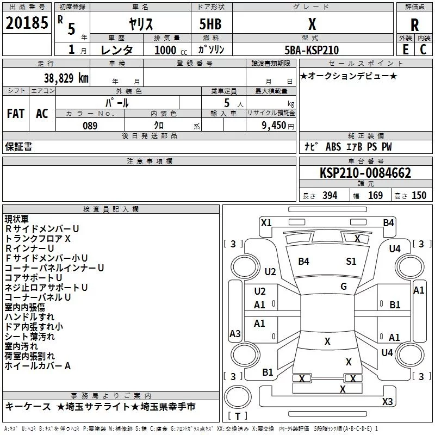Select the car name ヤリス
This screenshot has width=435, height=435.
[140, 24]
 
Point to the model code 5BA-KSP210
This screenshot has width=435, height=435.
[312, 50]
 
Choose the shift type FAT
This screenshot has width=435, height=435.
[15, 114]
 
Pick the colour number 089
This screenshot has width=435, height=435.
[90, 126]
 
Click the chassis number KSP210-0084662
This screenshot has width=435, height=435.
[365, 173]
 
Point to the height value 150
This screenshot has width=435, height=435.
[419, 196]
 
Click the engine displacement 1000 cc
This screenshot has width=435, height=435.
[165, 50]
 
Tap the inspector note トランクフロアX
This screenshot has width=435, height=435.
[38, 239]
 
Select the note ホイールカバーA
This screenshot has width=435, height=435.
[38, 366]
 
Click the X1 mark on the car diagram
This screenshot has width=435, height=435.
[266, 222]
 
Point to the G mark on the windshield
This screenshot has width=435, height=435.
[344, 287]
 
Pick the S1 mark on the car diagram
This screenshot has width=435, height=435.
[351, 262]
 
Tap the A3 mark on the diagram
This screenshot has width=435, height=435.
[235, 334]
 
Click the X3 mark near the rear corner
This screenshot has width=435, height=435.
[387, 401]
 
